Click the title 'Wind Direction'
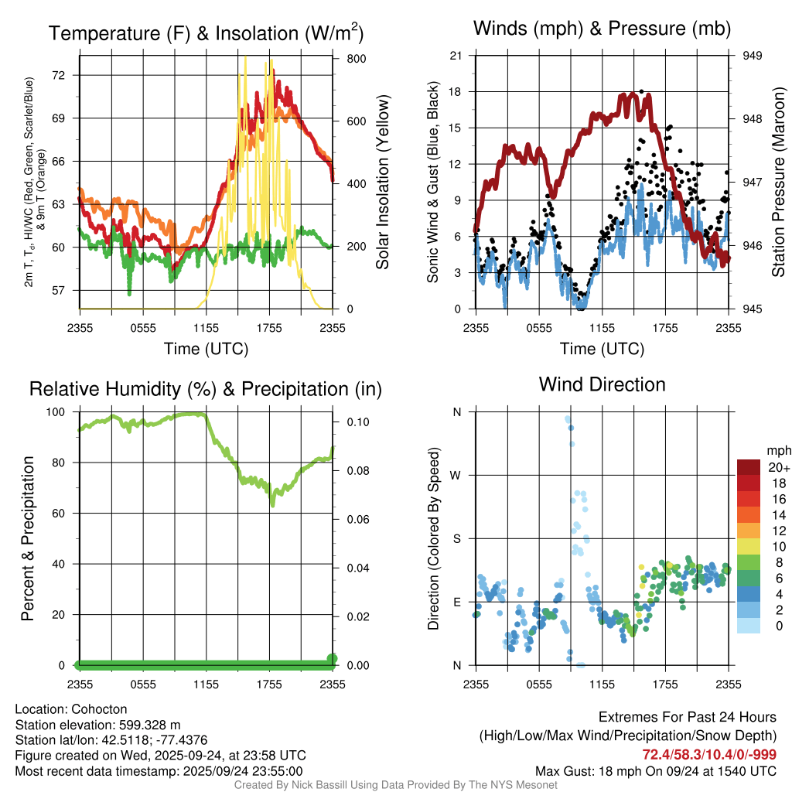coord(602,384)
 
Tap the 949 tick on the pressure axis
coord(753,56)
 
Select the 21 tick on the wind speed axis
coord(456,56)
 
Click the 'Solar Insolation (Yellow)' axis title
coord(382,183)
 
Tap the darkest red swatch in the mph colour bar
coord(749,467)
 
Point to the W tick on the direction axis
coord(456,475)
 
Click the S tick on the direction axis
coord(456,538)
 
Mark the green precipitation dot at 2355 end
coord(333,659)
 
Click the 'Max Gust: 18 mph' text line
coord(656,771)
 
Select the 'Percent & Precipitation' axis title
coord(27,538)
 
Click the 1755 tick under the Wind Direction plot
coord(665,684)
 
